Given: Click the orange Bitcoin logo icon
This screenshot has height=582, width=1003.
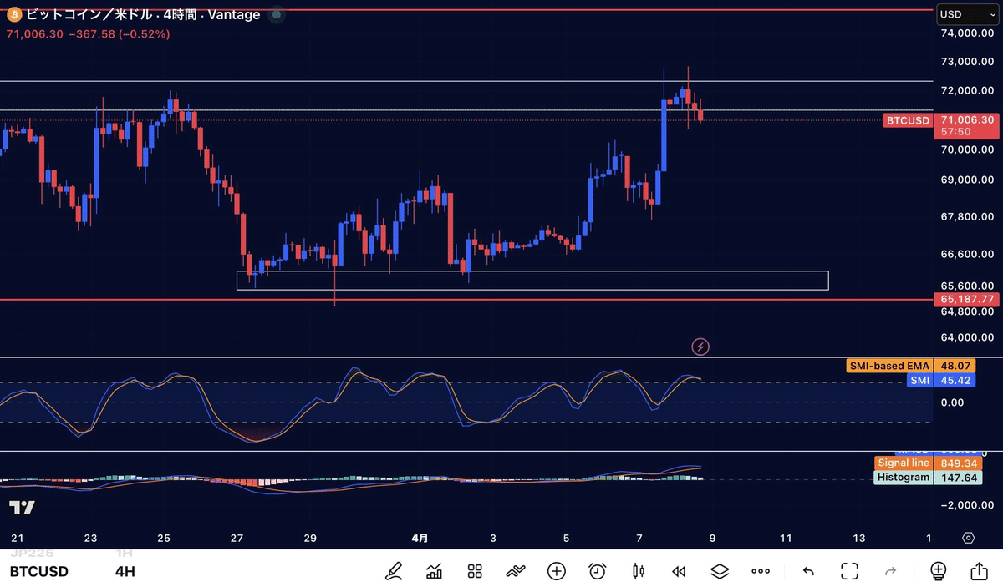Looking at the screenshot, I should click(x=13, y=14).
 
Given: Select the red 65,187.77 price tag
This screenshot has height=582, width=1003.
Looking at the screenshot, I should click(x=967, y=299).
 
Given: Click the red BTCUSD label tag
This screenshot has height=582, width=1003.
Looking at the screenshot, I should click(x=908, y=120).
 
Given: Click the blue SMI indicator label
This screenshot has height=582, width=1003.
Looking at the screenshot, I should click(x=921, y=381).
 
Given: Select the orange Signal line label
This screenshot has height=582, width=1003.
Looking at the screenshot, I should click(x=903, y=463).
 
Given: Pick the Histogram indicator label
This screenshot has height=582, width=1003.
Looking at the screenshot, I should click(x=904, y=478).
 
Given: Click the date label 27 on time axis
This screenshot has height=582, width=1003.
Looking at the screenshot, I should click(x=237, y=539).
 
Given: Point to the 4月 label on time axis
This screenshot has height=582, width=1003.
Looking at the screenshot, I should click(x=421, y=539).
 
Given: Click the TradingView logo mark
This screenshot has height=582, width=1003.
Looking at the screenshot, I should click(x=23, y=508).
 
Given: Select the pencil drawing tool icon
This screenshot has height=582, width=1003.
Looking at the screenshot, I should click(x=393, y=571).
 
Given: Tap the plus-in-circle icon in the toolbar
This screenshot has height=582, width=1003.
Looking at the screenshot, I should click(x=557, y=571).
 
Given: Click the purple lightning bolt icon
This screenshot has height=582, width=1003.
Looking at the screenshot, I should click(x=701, y=346).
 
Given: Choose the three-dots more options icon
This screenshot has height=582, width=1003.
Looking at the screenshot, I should click(x=760, y=571).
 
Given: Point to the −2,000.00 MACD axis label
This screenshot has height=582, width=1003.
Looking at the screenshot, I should click(x=966, y=505).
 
